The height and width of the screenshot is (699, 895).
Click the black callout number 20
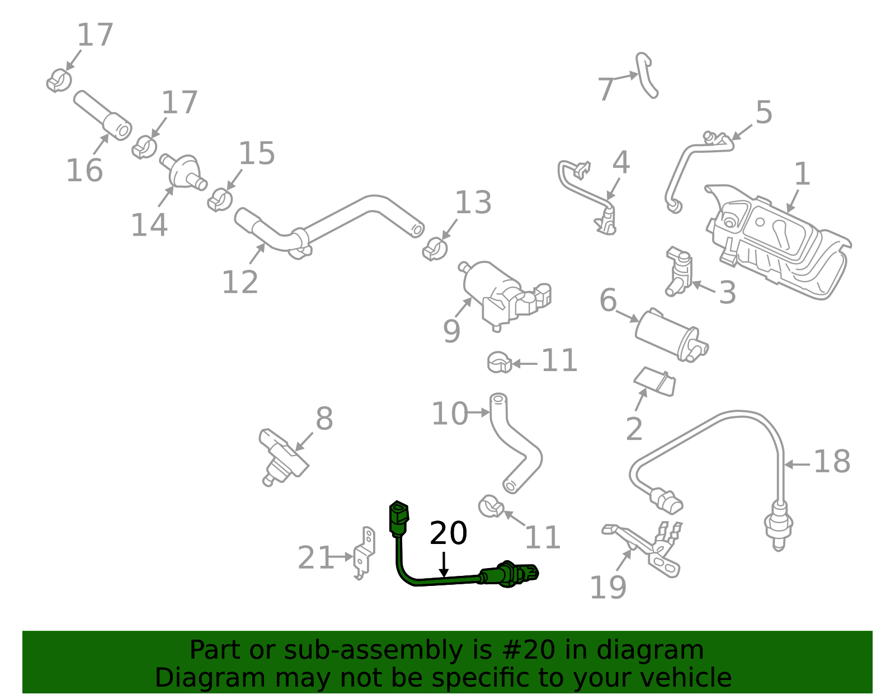tap(448, 533)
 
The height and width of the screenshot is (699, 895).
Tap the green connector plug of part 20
tap(398, 515)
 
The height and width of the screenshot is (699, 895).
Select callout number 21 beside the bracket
tap(315, 558)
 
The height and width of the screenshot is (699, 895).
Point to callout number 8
tap(324, 419)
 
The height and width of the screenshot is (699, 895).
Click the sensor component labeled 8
tap(282, 454)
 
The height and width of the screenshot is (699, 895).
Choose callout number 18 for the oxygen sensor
tap(832, 462)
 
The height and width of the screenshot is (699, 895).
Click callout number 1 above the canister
tap(802, 174)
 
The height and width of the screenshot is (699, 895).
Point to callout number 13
tap(473, 203)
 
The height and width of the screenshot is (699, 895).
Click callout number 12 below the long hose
tap(240, 282)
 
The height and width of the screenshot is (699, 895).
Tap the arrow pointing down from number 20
tap(444, 564)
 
